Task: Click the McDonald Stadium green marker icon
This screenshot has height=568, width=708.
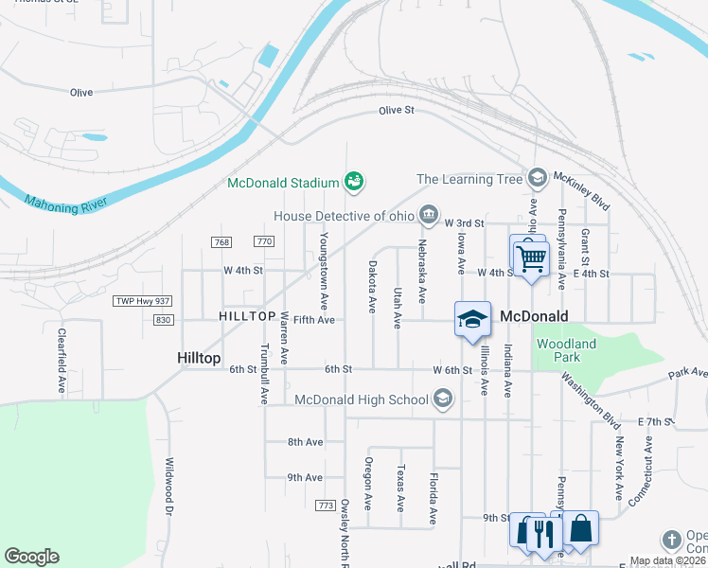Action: click(355, 181)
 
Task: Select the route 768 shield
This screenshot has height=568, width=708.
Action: click(222, 242)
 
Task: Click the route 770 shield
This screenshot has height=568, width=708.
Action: click(264, 242)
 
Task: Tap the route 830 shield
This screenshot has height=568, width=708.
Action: click(164, 320)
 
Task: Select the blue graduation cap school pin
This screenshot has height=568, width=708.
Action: click(472, 320)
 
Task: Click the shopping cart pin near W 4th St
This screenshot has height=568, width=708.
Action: click(531, 257)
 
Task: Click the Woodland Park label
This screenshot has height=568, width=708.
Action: click(565, 351)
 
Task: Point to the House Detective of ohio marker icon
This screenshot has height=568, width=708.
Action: click(429, 215)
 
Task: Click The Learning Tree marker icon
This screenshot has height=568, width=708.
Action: click(537, 178)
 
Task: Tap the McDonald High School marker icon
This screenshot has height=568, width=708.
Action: click(442, 399)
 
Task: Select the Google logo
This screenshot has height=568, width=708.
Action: click(31, 557)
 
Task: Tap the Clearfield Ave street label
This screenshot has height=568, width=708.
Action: click(61, 361)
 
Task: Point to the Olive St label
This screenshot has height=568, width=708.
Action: click(397, 111)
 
